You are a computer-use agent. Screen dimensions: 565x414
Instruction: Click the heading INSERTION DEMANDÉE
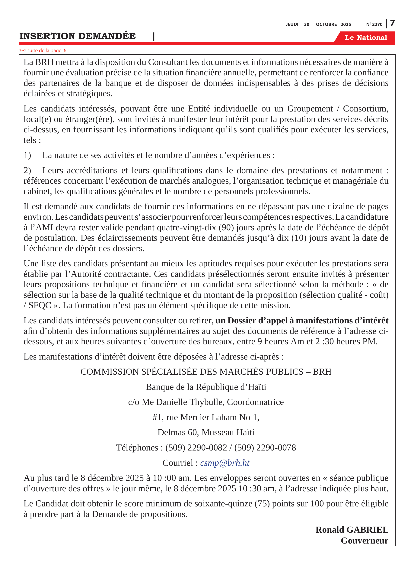pos(78,36)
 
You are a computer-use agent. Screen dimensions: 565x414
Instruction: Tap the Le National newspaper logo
pos(366,38)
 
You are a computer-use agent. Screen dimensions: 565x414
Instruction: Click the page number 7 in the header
pos(392,23)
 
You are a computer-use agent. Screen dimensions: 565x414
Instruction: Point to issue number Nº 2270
pos(374,24)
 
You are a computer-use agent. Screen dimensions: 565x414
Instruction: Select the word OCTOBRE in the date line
pos(326,24)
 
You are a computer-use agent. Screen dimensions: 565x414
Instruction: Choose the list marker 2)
pos(27,170)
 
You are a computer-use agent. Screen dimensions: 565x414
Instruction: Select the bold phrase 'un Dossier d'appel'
pos(251,321)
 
